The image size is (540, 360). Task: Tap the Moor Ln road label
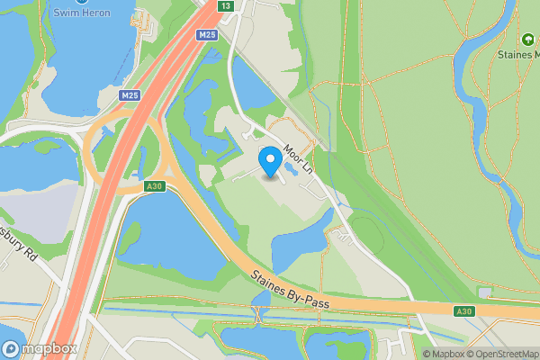pyautogui.click(x=296, y=157)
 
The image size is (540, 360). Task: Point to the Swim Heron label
pyautogui.click(x=75, y=12)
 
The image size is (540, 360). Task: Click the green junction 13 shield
pyautogui.click(x=225, y=5)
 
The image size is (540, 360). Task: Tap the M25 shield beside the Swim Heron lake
pyautogui.click(x=130, y=94)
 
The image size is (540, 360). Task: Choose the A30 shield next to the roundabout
pyautogui.click(x=155, y=186)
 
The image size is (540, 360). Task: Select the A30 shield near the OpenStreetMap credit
pyautogui.click(x=464, y=311)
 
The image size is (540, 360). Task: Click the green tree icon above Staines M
pyautogui.click(x=527, y=39)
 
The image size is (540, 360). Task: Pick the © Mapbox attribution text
pyautogui.click(x=440, y=354)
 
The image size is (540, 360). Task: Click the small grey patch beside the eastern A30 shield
pyautogui.click(x=486, y=293)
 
